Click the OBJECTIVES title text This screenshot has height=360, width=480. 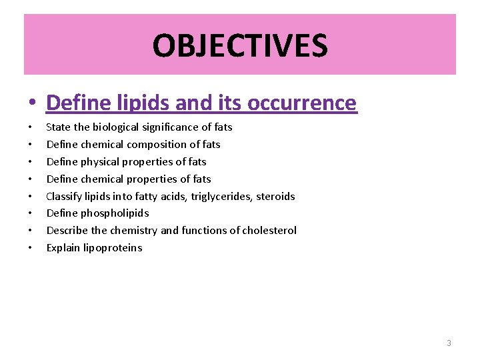(x=240, y=46)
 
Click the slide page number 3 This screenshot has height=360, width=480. (x=449, y=343)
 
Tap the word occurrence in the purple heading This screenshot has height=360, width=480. (x=302, y=103)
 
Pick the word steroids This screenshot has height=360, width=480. (x=275, y=196)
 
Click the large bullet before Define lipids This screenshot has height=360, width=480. (x=31, y=104)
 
